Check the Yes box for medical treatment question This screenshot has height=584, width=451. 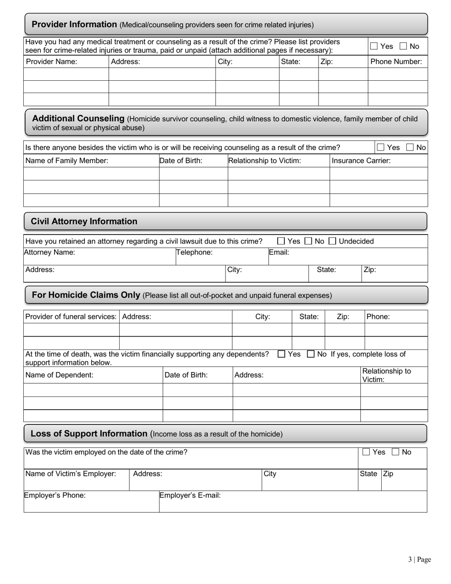(374, 46)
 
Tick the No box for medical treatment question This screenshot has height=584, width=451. (403, 46)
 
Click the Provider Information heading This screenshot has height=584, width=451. (74, 24)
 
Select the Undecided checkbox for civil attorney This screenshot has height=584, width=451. (332, 241)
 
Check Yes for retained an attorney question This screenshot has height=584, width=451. (281, 241)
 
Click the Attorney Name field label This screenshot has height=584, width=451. (49, 253)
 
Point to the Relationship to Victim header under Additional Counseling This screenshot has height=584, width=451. (264, 160)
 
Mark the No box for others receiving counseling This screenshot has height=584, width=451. (410, 148)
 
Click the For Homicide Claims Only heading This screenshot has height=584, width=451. (85, 295)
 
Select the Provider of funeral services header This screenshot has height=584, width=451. (71, 317)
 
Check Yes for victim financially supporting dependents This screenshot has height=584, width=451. (282, 354)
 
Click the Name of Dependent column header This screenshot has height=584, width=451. (59, 375)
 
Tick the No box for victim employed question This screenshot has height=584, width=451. (395, 452)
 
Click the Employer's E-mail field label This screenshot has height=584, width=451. (190, 495)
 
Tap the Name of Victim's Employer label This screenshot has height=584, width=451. (70, 473)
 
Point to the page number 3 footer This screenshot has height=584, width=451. (419, 559)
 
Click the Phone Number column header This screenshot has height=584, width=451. (396, 61)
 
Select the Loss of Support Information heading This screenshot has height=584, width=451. (89, 433)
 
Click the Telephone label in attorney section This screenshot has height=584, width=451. (195, 253)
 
